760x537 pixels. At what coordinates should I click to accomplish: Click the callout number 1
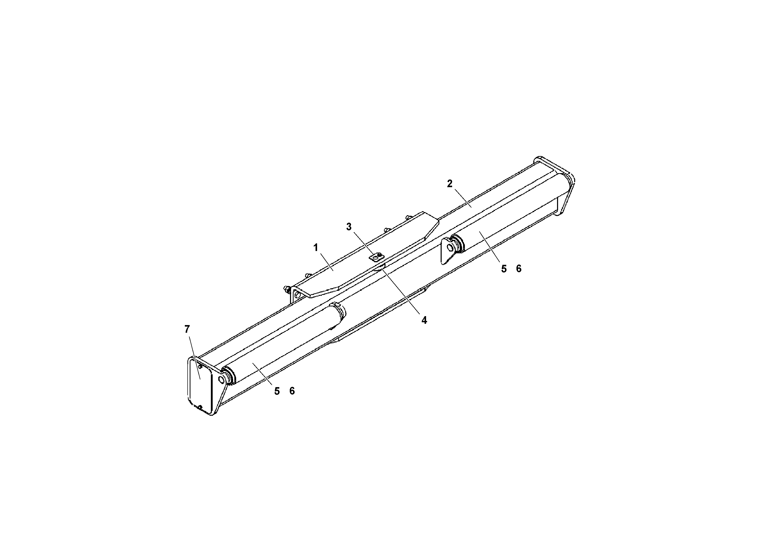316,248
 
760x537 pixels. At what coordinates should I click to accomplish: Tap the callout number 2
450,184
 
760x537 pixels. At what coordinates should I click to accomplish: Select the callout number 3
348,227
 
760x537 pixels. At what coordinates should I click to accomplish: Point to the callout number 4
424,320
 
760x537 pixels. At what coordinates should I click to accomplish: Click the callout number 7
187,329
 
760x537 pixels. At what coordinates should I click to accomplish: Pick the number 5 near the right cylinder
504,269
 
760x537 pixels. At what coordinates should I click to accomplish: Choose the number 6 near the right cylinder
519,269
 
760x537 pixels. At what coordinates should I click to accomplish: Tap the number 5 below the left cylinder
277,391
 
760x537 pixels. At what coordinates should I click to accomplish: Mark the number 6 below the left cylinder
292,391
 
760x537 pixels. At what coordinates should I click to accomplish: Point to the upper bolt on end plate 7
200,366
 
